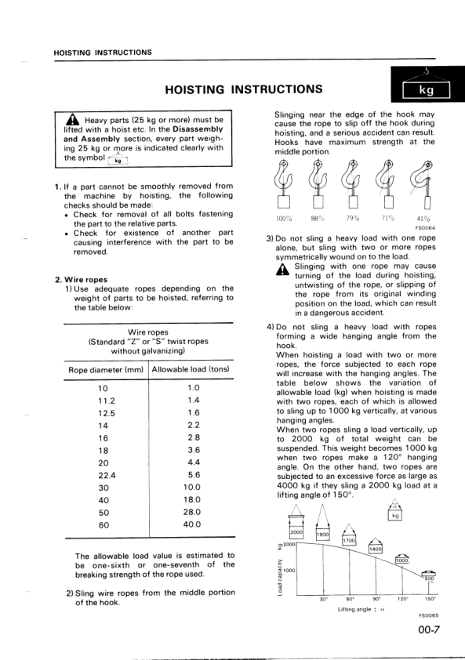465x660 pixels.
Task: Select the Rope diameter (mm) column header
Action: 106,369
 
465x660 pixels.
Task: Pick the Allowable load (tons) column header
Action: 191,369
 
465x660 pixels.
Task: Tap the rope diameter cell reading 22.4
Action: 104,474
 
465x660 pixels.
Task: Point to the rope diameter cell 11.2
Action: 104,400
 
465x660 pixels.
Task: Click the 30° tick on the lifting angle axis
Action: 323,599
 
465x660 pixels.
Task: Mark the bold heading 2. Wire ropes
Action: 82,279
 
